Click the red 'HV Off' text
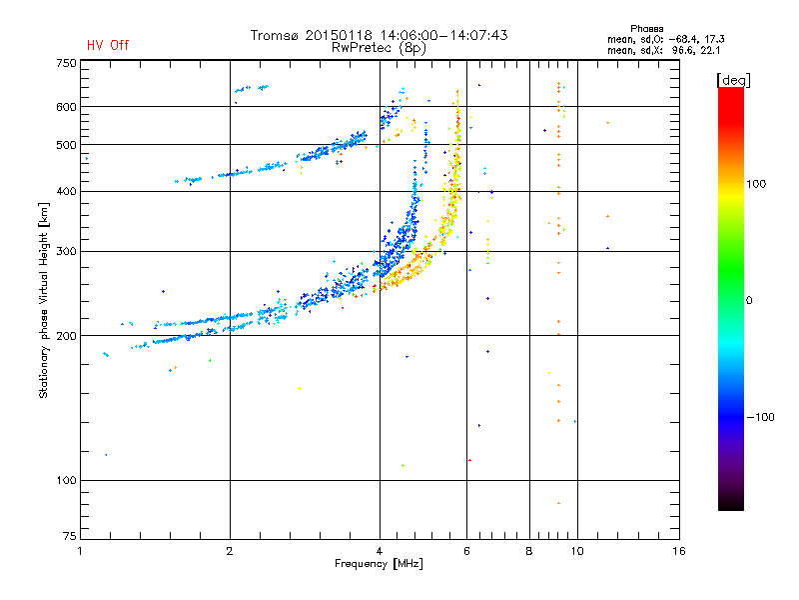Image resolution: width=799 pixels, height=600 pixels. pyautogui.click(x=108, y=45)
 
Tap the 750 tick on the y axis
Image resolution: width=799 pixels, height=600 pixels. pyautogui.click(x=66, y=63)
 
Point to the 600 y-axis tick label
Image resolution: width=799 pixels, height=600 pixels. pyautogui.click(x=66, y=106)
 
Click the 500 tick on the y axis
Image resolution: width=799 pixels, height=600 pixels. pyautogui.click(x=66, y=144)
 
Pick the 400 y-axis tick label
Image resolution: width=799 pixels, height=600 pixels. pyautogui.click(x=66, y=191)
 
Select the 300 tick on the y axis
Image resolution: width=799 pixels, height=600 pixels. pyautogui.click(x=66, y=251)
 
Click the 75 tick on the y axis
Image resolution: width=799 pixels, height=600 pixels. pyautogui.click(x=69, y=541)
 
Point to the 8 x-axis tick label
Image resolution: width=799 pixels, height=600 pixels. pyautogui.click(x=529, y=551)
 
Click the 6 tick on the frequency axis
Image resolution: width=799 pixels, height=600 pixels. pyautogui.click(x=467, y=551)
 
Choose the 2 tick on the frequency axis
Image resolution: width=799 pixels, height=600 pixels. pyautogui.click(x=230, y=551)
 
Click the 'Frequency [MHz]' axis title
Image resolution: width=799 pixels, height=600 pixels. pyautogui.click(x=380, y=564)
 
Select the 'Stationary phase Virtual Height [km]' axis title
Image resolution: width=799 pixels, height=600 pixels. pyautogui.click(x=44, y=300)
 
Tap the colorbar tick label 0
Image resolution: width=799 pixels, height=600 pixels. pyautogui.click(x=750, y=300)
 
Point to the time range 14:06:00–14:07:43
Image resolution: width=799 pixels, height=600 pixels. pyautogui.click(x=440, y=35)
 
